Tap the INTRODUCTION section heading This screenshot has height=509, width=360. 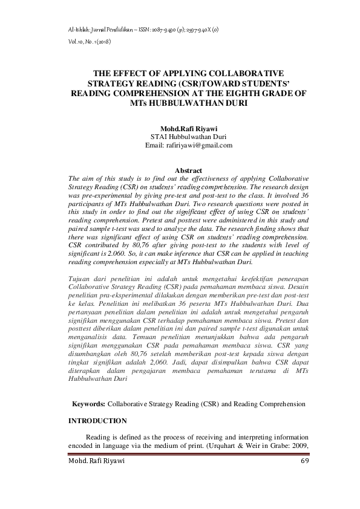point(99,421)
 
